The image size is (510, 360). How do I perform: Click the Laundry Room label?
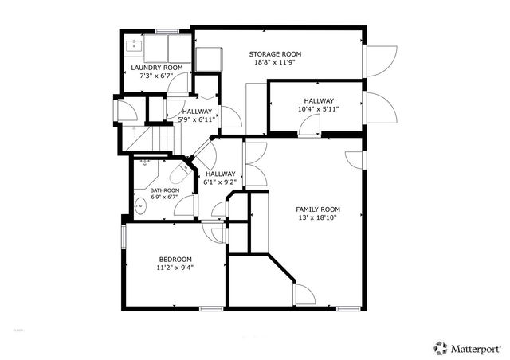click(x=157, y=68)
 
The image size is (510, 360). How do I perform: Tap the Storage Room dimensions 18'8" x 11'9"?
click(x=278, y=62)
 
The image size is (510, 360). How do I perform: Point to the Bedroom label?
click(x=175, y=259)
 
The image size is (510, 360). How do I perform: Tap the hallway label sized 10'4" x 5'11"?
click(x=317, y=100)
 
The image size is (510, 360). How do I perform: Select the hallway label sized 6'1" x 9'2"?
click(x=220, y=174)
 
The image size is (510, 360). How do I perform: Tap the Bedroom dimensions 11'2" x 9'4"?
click(x=175, y=268)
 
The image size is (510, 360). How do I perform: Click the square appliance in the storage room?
click(x=211, y=59)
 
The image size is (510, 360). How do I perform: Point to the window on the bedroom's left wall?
click(x=124, y=237)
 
